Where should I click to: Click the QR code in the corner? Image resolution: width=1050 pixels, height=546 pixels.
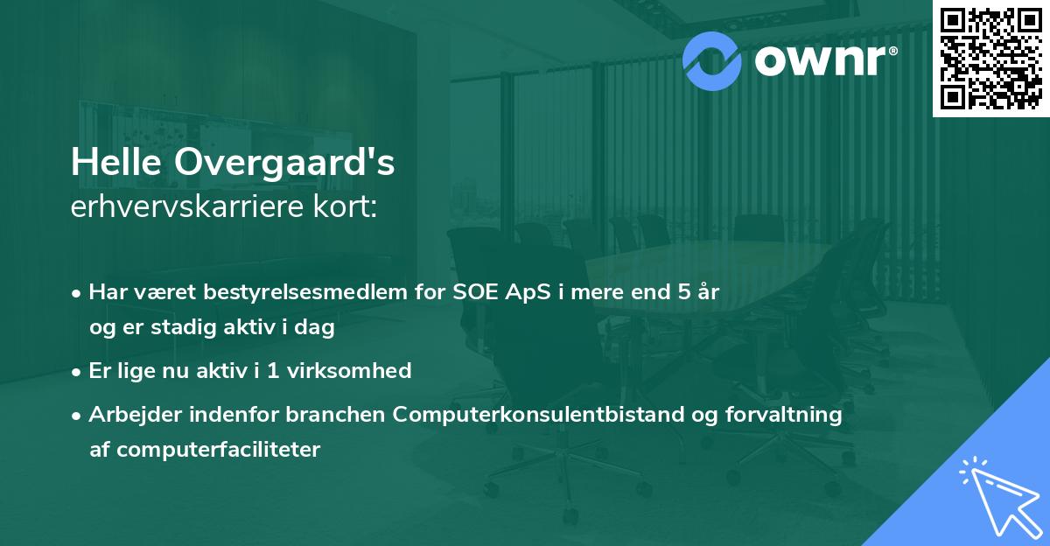pos(991,58)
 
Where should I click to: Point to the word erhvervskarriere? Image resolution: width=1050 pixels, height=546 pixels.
pos(183,209)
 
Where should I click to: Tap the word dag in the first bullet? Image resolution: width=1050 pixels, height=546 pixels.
pos(317,330)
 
